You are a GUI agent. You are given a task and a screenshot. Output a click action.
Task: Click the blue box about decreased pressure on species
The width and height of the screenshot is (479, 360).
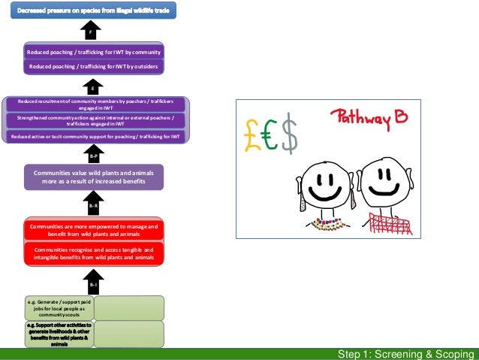click(x=93, y=10)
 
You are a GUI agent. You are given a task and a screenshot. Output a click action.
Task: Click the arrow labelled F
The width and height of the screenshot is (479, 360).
click(x=90, y=32)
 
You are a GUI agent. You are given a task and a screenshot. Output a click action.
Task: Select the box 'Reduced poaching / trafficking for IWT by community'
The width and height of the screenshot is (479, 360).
click(x=94, y=53)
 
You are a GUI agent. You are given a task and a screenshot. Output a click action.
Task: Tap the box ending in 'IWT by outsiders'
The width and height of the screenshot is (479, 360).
click(x=94, y=67)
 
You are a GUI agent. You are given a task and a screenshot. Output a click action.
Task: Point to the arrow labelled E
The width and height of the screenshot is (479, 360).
click(x=93, y=87)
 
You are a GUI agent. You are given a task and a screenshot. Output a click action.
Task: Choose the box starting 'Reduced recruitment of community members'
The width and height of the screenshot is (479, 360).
click(x=94, y=104)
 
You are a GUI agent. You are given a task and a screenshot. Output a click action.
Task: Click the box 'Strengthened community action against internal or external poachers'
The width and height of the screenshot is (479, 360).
click(x=94, y=120)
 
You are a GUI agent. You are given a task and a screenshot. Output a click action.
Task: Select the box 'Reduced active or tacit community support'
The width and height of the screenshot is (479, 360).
click(x=94, y=136)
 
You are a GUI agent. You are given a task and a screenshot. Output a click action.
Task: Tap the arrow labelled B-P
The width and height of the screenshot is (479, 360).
click(x=94, y=155)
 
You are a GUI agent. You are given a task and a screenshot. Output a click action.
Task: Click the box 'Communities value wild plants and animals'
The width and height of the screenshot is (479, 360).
click(x=94, y=177)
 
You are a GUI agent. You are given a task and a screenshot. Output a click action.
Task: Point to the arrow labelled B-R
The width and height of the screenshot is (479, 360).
click(x=94, y=203)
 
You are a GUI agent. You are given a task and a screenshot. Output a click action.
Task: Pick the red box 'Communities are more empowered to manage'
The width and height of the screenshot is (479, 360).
click(x=94, y=230)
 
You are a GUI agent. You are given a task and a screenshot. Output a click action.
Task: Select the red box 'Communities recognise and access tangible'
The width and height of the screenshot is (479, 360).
click(x=94, y=254)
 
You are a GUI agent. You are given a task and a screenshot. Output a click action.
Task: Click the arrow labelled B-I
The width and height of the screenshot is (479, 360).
click(x=94, y=282)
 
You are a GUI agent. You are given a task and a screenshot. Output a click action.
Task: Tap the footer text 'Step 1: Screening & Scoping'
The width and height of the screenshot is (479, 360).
click(x=405, y=354)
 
